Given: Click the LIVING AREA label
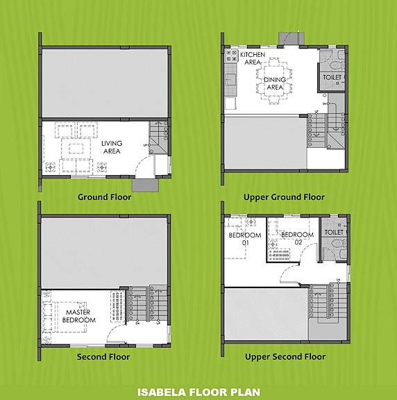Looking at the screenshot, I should (111, 148).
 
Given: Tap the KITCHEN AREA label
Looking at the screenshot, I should (251, 58).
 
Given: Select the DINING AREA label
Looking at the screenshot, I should (276, 83).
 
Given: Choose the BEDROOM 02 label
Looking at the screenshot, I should (296, 239).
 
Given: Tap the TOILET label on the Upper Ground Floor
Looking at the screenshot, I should (332, 78).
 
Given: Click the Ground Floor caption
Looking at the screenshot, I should (104, 197).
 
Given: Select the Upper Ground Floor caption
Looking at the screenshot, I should (285, 197).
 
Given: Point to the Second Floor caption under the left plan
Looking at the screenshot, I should (104, 357).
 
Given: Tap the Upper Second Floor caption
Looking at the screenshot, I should (285, 357).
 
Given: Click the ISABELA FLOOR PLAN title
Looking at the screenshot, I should (198, 392).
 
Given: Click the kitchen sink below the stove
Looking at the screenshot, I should (229, 80).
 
